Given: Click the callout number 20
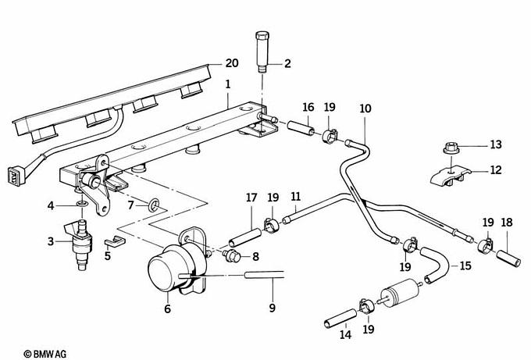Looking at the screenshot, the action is (x=232, y=63).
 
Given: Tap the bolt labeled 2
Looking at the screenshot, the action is (x=262, y=52).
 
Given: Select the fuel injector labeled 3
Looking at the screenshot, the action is (x=80, y=244).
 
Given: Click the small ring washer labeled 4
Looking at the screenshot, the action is (x=82, y=204).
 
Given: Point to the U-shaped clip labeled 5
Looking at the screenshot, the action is (x=115, y=241).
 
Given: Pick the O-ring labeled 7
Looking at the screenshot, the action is (x=154, y=205).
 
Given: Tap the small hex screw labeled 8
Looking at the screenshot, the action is (x=232, y=255).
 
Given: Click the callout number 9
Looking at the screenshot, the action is (x=273, y=308).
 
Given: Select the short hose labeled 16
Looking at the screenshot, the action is (x=301, y=128).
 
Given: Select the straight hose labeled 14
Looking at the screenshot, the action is (x=340, y=319).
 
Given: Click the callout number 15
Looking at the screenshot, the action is (x=465, y=266).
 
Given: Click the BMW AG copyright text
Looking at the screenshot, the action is (x=45, y=354).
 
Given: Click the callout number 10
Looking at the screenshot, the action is (x=365, y=109).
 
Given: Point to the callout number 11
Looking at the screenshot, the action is (x=296, y=197).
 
